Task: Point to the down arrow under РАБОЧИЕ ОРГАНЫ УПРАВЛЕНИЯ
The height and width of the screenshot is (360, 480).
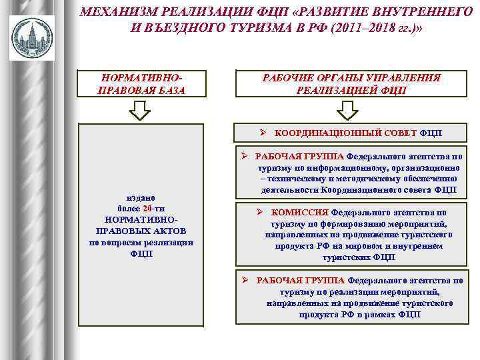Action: pos(349,110)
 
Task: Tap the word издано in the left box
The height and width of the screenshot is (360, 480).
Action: pos(141,197)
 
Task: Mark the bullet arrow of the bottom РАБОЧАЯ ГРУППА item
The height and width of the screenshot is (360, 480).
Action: pos(245,280)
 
